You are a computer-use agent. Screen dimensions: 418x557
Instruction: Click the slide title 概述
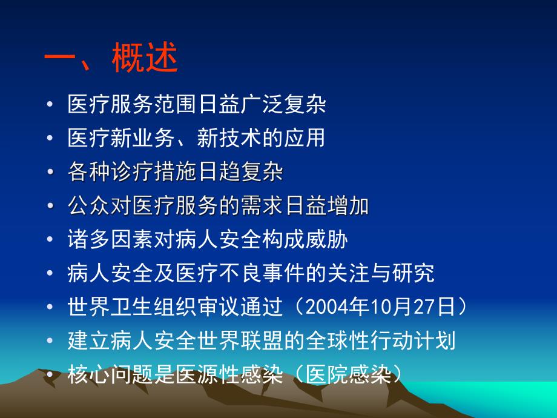click(145, 61)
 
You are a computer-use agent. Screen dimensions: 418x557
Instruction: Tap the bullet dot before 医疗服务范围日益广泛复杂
click(49, 105)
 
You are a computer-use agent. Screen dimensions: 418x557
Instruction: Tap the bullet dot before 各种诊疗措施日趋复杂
click(49, 173)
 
